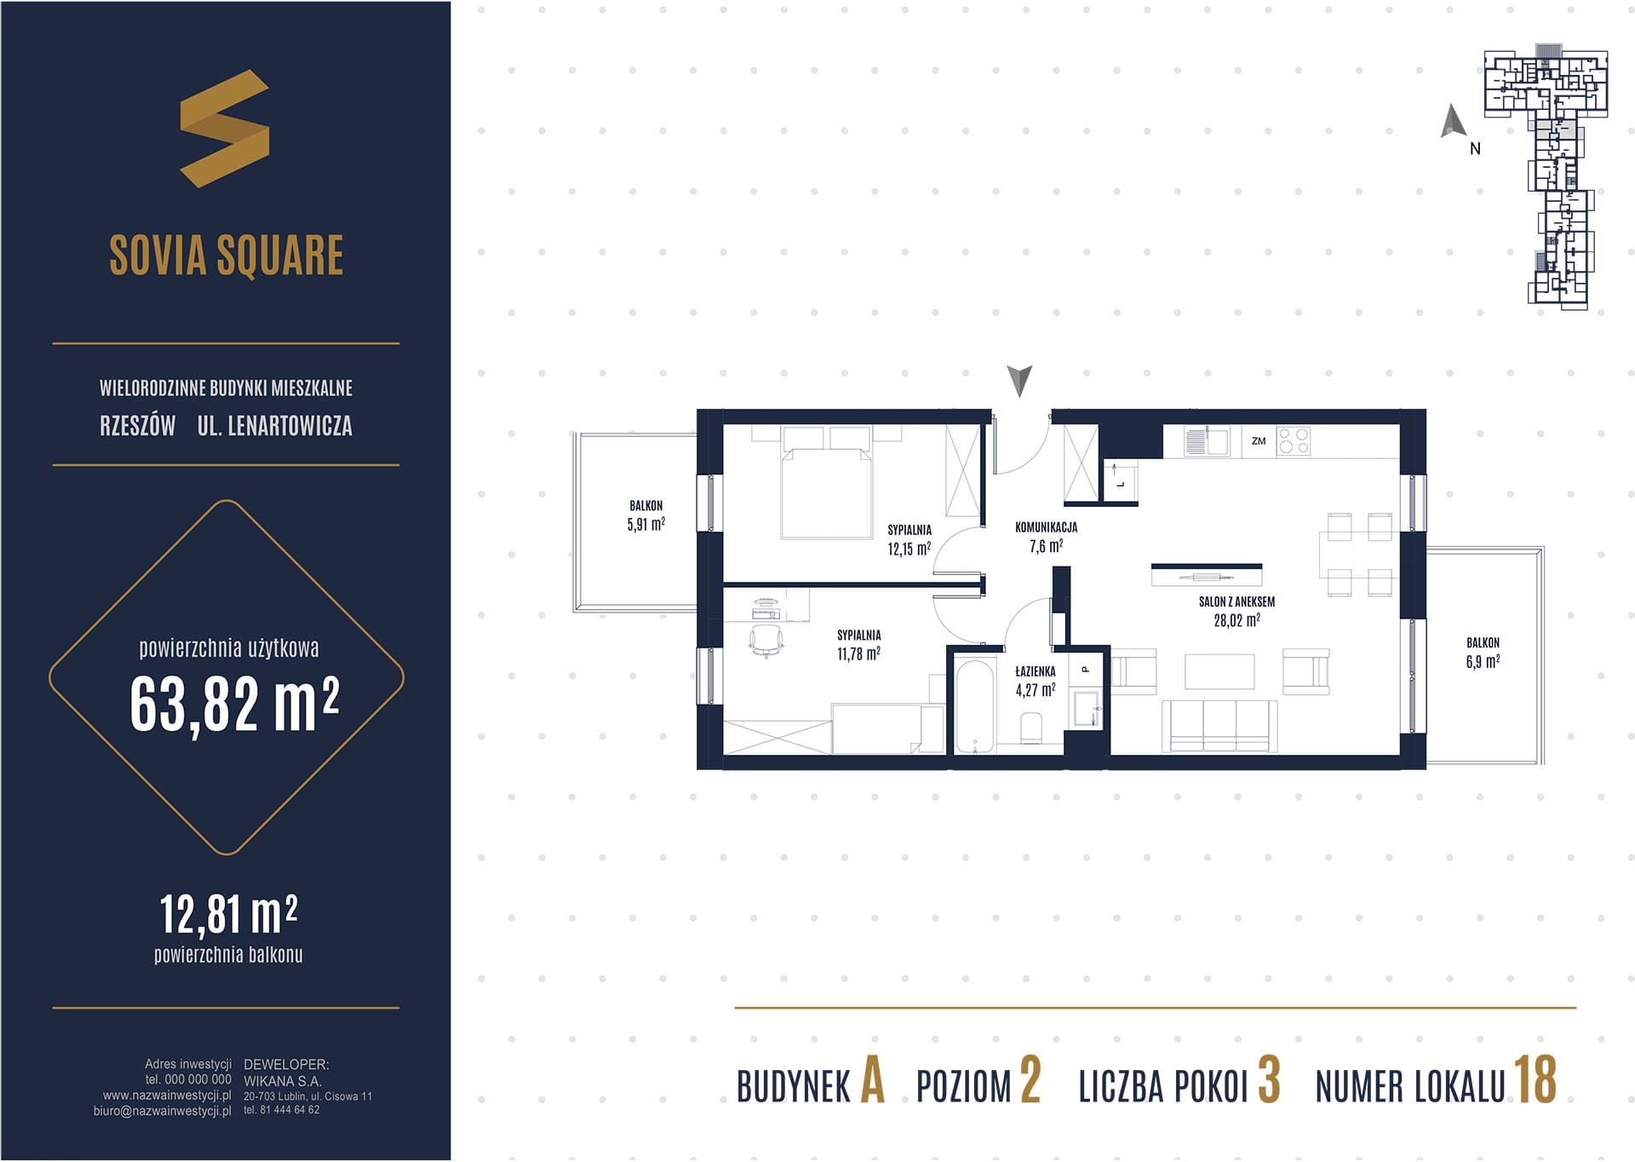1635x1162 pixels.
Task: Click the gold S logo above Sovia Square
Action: coord(225,128)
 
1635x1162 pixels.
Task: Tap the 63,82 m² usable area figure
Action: coord(235,705)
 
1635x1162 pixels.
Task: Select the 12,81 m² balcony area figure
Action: coord(229,915)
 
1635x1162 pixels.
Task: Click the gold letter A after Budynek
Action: coord(872,1080)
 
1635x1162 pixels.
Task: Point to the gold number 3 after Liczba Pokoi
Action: coord(1269,1080)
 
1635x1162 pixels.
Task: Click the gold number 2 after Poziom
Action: coord(1030,1080)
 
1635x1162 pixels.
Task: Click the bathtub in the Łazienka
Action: coord(974,705)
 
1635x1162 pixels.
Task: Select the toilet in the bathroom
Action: coord(1030,729)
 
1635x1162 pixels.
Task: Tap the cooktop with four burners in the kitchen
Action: coord(1294,441)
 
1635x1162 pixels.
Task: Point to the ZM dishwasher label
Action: coord(1259,441)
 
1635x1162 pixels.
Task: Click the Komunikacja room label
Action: coord(1046,527)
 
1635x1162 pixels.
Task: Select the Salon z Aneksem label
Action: coord(1236,601)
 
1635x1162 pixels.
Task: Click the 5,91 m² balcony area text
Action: coord(645,525)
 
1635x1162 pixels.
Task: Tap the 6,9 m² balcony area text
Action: coord(1483,661)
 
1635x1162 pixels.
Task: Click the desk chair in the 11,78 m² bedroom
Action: coord(766,640)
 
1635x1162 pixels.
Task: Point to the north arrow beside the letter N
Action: coord(1453,121)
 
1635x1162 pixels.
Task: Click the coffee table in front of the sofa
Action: coord(1219,671)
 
